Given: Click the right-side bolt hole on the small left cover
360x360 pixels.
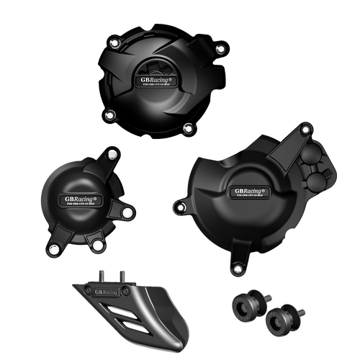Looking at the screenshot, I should click(x=126, y=213).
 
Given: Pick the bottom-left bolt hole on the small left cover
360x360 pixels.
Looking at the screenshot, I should click(x=53, y=250).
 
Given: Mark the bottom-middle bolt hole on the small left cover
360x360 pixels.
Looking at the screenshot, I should click(x=97, y=246).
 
